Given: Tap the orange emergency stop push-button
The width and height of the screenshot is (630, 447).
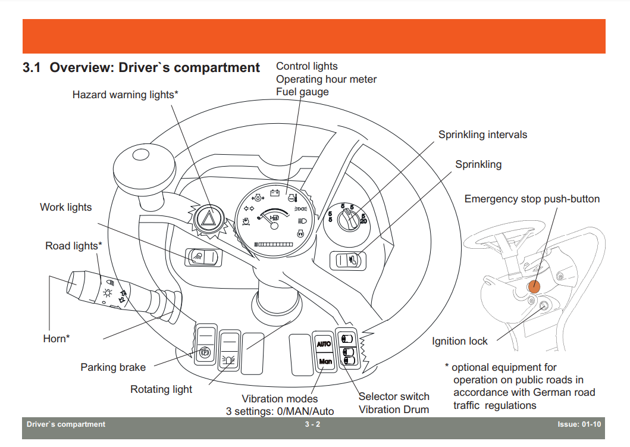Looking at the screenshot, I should click(534, 286).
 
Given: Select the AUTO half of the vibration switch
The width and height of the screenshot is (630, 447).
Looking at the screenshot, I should click(324, 344).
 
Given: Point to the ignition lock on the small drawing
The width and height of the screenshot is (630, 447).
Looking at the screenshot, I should click(544, 307).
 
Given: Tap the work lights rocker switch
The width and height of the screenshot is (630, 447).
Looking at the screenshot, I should click(203, 257).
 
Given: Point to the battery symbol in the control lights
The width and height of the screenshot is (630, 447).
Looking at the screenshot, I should click(275, 193).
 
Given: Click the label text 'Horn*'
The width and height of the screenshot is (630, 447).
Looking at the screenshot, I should click(57, 339).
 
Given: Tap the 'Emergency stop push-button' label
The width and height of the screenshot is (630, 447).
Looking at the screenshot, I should click(532, 199).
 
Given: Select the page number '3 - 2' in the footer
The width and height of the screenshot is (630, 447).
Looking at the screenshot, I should click(312, 424).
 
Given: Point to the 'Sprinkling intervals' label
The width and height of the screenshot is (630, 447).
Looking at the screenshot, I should click(482, 135).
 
